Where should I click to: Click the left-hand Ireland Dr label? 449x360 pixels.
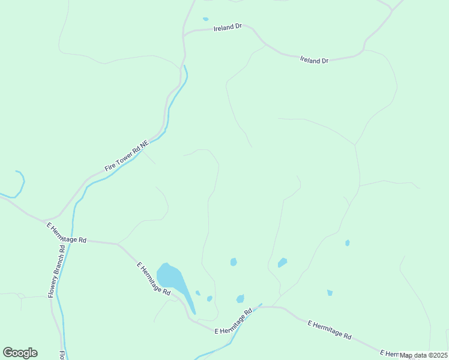click(x=228, y=27)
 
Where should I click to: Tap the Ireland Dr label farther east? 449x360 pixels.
click(x=314, y=61)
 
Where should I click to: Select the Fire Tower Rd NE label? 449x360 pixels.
click(x=126, y=157)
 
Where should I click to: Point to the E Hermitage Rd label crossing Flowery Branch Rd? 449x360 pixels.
click(x=66, y=233)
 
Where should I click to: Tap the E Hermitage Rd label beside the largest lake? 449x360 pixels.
click(x=153, y=278)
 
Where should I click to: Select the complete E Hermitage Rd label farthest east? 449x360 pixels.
click(x=329, y=330)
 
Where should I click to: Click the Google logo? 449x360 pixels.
click(x=20, y=353)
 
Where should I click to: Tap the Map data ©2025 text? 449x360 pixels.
click(x=423, y=355)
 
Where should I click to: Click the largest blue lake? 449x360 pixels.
click(x=170, y=278)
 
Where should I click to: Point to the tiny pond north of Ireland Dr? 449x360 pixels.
click(x=206, y=19)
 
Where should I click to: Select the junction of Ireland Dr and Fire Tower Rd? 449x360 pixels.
click(x=184, y=35)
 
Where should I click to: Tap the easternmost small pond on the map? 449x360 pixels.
click(x=347, y=243)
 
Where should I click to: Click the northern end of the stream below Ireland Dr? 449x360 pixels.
click(x=185, y=66)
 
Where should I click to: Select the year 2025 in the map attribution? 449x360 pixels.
click(x=439, y=355)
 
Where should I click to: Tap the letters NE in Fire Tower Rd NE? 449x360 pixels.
click(x=144, y=144)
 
